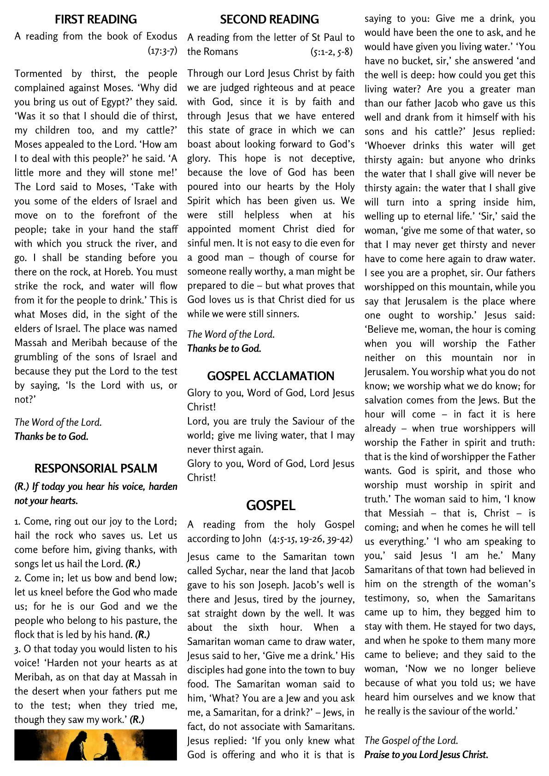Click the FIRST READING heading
pyautogui.click(x=95, y=19)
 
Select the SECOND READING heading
pyautogui.click(x=269, y=19)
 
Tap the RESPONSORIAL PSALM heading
pyautogui.click(x=95, y=469)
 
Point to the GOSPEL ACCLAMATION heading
pyautogui.click(x=271, y=376)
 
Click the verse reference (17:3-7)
pyautogui.click(x=162, y=51)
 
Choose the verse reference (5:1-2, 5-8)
pyautogui.click(x=331, y=52)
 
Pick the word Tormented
pyautogui.click(x=38, y=74)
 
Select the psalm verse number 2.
pyautogui.click(x=18, y=578)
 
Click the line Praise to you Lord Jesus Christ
pyautogui.click(x=426, y=755)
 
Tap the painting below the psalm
pyautogui.click(x=95, y=745)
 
